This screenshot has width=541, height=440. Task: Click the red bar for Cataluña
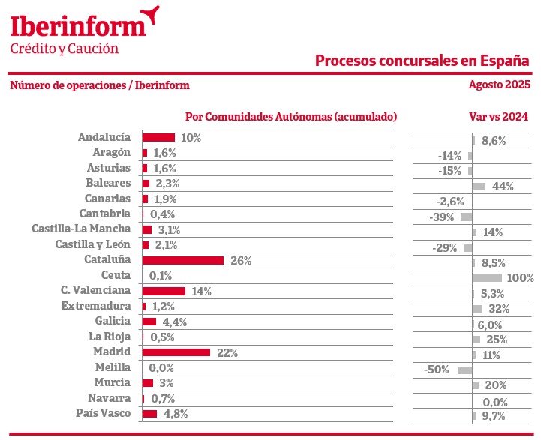[x=182, y=260]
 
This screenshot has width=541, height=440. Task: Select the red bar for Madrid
[x=176, y=352]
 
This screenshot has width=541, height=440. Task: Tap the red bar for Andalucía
[x=158, y=137]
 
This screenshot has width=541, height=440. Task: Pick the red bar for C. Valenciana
[x=164, y=290]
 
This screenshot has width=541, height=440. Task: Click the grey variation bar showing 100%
[x=488, y=277]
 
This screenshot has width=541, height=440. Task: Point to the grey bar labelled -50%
[x=464, y=370]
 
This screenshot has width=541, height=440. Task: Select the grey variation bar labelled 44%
[x=479, y=186]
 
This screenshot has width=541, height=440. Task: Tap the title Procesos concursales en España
[x=422, y=60]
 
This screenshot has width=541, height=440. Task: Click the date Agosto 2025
[x=499, y=85]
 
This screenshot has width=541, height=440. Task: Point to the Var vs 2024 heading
[x=498, y=116]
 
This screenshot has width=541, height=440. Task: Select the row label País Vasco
[x=104, y=413]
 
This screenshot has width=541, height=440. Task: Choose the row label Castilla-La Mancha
[x=81, y=229]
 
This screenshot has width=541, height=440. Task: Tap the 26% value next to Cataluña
[x=241, y=260]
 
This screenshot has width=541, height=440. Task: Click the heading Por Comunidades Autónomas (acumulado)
[x=291, y=116]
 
